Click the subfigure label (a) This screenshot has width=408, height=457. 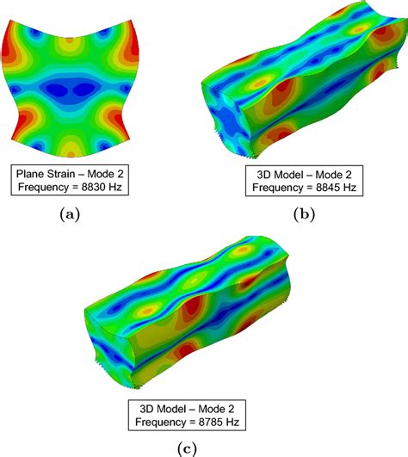(x=70, y=214)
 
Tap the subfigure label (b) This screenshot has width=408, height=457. (x=304, y=214)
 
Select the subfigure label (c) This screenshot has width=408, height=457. (x=187, y=448)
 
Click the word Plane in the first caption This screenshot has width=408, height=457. (x=30, y=174)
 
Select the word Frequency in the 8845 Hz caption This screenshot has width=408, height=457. (x=277, y=188)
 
